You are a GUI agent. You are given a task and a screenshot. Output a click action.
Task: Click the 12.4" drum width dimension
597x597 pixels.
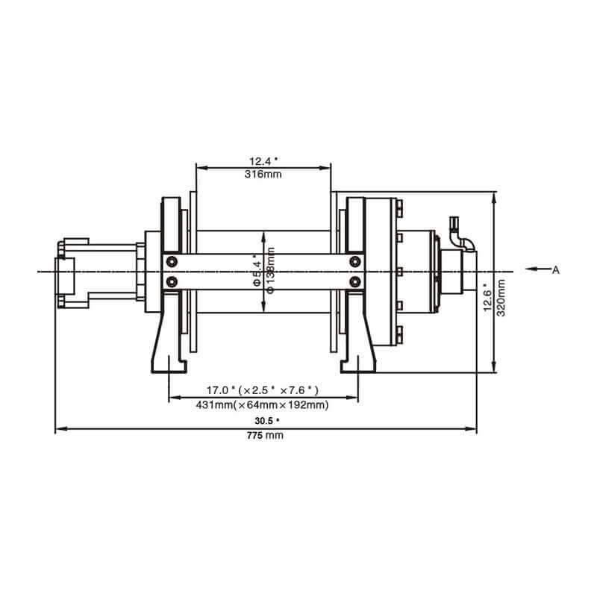263,161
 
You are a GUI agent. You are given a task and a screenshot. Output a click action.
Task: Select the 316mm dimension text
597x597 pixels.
263,175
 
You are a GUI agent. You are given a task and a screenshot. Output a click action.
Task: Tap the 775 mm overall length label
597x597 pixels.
266,436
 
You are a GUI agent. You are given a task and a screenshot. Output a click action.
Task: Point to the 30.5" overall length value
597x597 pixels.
266,421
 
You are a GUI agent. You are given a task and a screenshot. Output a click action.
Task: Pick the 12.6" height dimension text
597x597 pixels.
487,299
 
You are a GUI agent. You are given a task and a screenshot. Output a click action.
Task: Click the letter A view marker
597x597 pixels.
555,270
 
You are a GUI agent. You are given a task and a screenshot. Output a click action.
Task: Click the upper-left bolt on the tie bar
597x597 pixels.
173,260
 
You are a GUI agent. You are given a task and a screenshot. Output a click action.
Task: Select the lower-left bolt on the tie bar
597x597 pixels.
173,281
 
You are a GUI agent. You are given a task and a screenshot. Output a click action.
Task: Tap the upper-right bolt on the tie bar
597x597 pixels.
355,260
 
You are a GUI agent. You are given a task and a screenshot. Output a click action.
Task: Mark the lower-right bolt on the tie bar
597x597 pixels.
355,281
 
